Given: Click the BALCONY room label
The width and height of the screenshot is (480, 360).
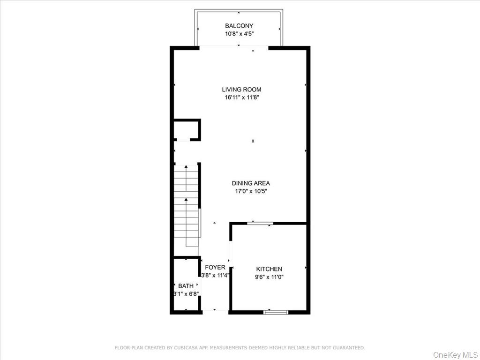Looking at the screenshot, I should point(239,26).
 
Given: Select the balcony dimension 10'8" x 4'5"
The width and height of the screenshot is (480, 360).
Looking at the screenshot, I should point(239,34).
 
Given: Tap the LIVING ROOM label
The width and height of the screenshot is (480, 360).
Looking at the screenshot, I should point(241,90).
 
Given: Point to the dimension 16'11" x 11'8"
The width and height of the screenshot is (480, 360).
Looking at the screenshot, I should point(241,97).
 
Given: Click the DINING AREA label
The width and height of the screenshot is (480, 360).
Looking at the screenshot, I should point(251,183).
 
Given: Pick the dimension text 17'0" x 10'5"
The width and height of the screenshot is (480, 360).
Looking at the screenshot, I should point(251,191).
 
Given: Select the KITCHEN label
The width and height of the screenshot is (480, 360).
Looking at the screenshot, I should point(269,269).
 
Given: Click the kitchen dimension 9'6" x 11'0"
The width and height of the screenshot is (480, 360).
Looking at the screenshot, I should point(269,277).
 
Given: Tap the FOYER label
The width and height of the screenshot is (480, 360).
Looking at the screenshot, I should point(215,268).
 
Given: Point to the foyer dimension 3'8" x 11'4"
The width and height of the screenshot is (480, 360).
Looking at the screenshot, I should point(215,276).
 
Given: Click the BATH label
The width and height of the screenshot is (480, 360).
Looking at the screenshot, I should point(186,286).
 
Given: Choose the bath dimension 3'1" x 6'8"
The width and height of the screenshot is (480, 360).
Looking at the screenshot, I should point(186,294).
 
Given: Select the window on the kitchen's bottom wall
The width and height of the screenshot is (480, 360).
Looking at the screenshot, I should point(276,312).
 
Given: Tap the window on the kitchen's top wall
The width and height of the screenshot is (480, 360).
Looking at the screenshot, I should point(260,223).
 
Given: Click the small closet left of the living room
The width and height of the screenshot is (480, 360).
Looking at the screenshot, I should point(186,130).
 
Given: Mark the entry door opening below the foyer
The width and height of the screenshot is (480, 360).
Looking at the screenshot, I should point(215,311).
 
